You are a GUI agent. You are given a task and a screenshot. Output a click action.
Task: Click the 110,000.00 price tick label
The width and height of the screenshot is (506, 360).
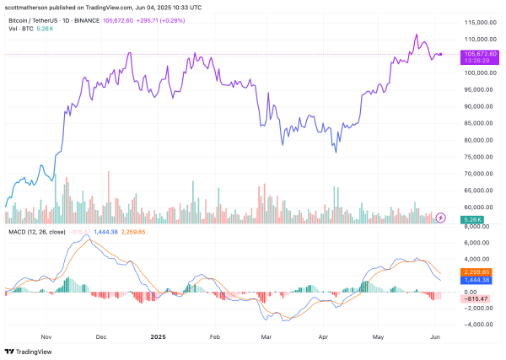[473, 39]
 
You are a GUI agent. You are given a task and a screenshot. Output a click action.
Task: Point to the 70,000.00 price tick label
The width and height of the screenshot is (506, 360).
[472, 174]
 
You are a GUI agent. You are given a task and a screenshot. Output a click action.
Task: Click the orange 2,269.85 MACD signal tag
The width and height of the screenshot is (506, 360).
[473, 271]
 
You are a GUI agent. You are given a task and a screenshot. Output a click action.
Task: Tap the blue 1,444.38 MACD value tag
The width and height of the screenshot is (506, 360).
[473, 280]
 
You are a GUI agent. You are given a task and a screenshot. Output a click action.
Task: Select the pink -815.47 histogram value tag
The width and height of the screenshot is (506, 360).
[473, 298]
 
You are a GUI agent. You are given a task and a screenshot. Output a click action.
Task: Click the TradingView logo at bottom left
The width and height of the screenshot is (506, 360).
[31, 351]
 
